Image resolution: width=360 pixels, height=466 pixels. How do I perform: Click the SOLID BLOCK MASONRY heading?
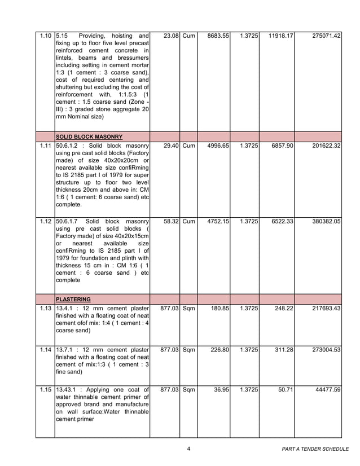(89, 137)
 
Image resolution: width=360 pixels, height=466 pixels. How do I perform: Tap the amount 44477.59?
(328, 390)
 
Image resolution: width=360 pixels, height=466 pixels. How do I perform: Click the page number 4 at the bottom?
(188, 449)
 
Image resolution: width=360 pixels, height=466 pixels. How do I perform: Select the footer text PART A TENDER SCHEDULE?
(315, 449)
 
